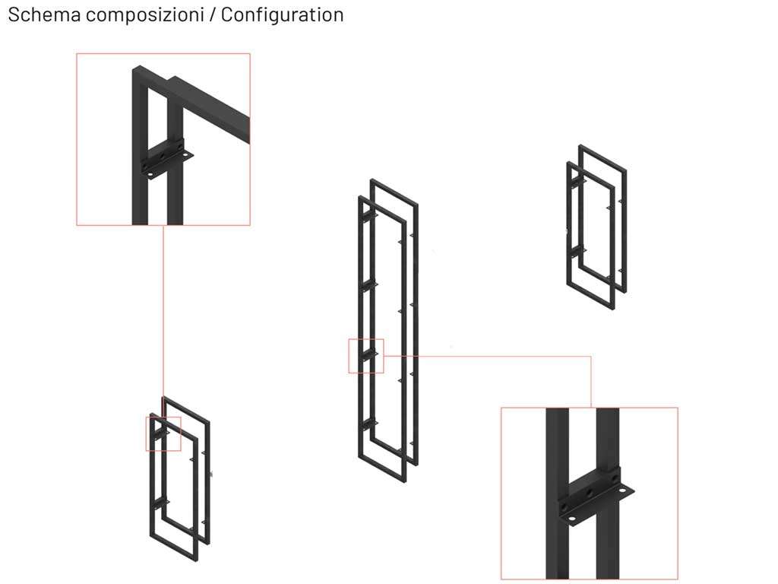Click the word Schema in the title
(44, 14)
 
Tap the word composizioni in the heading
(145, 15)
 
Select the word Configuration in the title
(282, 15)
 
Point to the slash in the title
(213, 15)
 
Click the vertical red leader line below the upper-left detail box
(163, 321)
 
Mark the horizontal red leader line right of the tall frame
(487, 356)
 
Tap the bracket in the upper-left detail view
(166, 159)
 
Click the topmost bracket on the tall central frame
(369, 217)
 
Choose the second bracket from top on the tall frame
(369, 287)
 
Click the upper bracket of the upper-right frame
(577, 182)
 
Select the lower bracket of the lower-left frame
(160, 504)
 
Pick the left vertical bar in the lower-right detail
(557, 493)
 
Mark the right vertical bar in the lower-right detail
(608, 493)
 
